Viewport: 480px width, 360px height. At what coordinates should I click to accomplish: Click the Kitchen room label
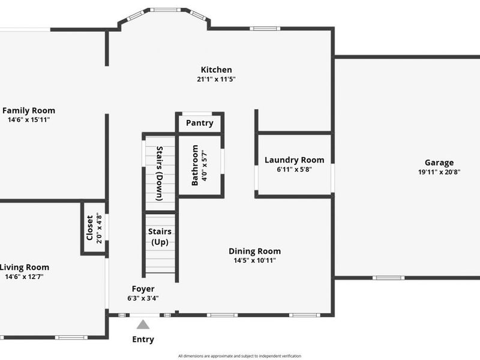click(216, 70)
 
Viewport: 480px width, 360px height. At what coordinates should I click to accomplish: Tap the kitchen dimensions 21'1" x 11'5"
click(216, 79)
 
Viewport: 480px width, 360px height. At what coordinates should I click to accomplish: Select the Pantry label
click(199, 123)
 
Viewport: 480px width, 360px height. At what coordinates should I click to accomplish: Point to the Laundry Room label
click(294, 160)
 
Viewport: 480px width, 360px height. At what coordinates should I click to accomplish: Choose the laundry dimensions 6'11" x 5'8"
click(294, 169)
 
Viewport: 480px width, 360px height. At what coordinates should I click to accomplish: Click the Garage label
click(439, 162)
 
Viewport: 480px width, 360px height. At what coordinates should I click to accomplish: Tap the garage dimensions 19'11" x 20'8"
click(439, 172)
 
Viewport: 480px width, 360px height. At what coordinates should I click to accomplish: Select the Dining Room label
click(254, 251)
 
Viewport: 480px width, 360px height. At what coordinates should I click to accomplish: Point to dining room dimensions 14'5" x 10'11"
click(254, 260)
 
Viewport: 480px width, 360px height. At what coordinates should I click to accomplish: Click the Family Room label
click(29, 110)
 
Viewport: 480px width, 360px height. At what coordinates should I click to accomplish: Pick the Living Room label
click(25, 267)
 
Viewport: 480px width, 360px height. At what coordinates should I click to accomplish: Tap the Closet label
click(90, 228)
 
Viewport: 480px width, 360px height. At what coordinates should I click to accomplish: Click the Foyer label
click(143, 289)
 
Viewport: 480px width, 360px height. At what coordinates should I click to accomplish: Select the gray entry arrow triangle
click(143, 325)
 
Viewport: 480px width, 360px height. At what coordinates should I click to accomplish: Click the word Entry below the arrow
click(143, 340)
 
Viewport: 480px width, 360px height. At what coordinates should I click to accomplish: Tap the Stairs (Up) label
click(160, 236)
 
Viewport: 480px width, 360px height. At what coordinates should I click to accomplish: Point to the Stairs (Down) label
click(160, 173)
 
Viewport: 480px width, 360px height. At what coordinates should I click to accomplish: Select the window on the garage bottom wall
click(388, 278)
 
